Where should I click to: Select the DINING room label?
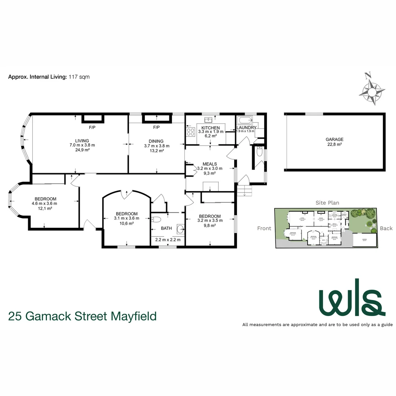point(156,141)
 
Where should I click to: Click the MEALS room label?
point(210,164)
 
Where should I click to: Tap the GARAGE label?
point(334,139)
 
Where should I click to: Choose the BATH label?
point(166,228)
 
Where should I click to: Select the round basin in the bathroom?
point(180,229)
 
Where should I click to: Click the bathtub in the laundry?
point(244,120)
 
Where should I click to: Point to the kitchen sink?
point(210,119)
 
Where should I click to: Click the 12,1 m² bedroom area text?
point(45,208)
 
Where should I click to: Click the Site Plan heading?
point(327,202)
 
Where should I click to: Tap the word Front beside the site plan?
point(264,228)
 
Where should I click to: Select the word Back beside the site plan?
point(386,228)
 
